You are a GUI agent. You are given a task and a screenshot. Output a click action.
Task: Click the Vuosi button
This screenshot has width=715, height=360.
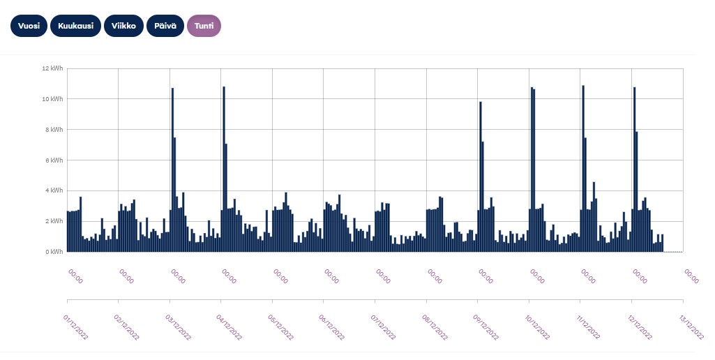tap(29, 26)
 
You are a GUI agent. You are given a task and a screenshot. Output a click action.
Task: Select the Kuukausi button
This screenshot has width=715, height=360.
tap(75, 26)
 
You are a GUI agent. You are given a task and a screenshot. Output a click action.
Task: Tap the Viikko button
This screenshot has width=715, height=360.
tap(123, 26)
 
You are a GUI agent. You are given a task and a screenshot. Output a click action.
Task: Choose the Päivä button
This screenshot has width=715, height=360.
tap(165, 26)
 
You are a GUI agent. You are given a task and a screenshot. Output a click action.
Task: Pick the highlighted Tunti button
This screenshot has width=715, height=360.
tap(204, 26)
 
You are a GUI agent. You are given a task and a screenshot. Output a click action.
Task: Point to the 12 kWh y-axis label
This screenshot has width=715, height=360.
tap(52, 68)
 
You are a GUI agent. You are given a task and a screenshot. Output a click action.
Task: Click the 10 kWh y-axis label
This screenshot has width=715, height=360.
tap(52, 99)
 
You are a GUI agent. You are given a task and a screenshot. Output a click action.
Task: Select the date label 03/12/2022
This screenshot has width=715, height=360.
tap(178, 326)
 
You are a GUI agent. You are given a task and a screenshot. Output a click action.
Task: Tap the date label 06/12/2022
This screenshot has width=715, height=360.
tap(332, 326)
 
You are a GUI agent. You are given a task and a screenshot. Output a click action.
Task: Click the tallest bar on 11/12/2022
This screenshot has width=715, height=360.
tap(583, 167)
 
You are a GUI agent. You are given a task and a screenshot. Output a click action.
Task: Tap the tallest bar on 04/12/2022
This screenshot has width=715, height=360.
tap(224, 167)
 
